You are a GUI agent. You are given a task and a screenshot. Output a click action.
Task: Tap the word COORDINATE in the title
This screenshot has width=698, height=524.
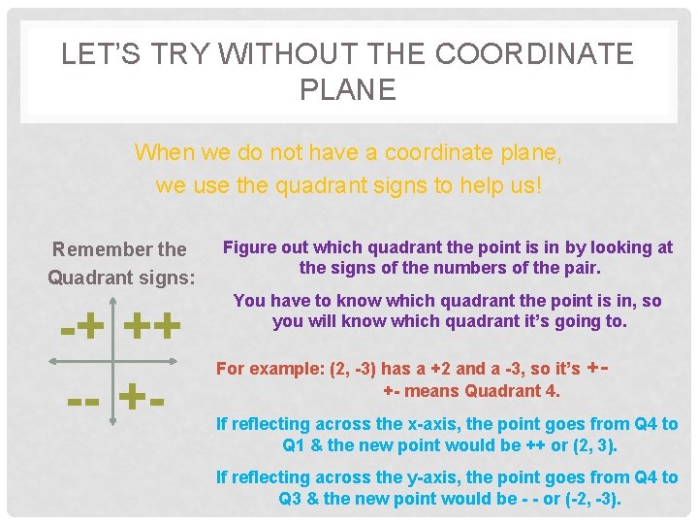coord(534,54)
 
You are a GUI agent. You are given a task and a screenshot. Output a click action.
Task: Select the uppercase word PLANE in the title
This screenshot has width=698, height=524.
coord(348,90)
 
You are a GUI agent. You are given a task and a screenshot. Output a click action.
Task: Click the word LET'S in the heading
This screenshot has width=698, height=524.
coord(95,54)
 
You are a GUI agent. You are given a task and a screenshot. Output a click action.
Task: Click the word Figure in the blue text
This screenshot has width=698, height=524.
coord(250,247)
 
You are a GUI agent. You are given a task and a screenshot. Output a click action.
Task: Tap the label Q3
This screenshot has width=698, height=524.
coord(291,499)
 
